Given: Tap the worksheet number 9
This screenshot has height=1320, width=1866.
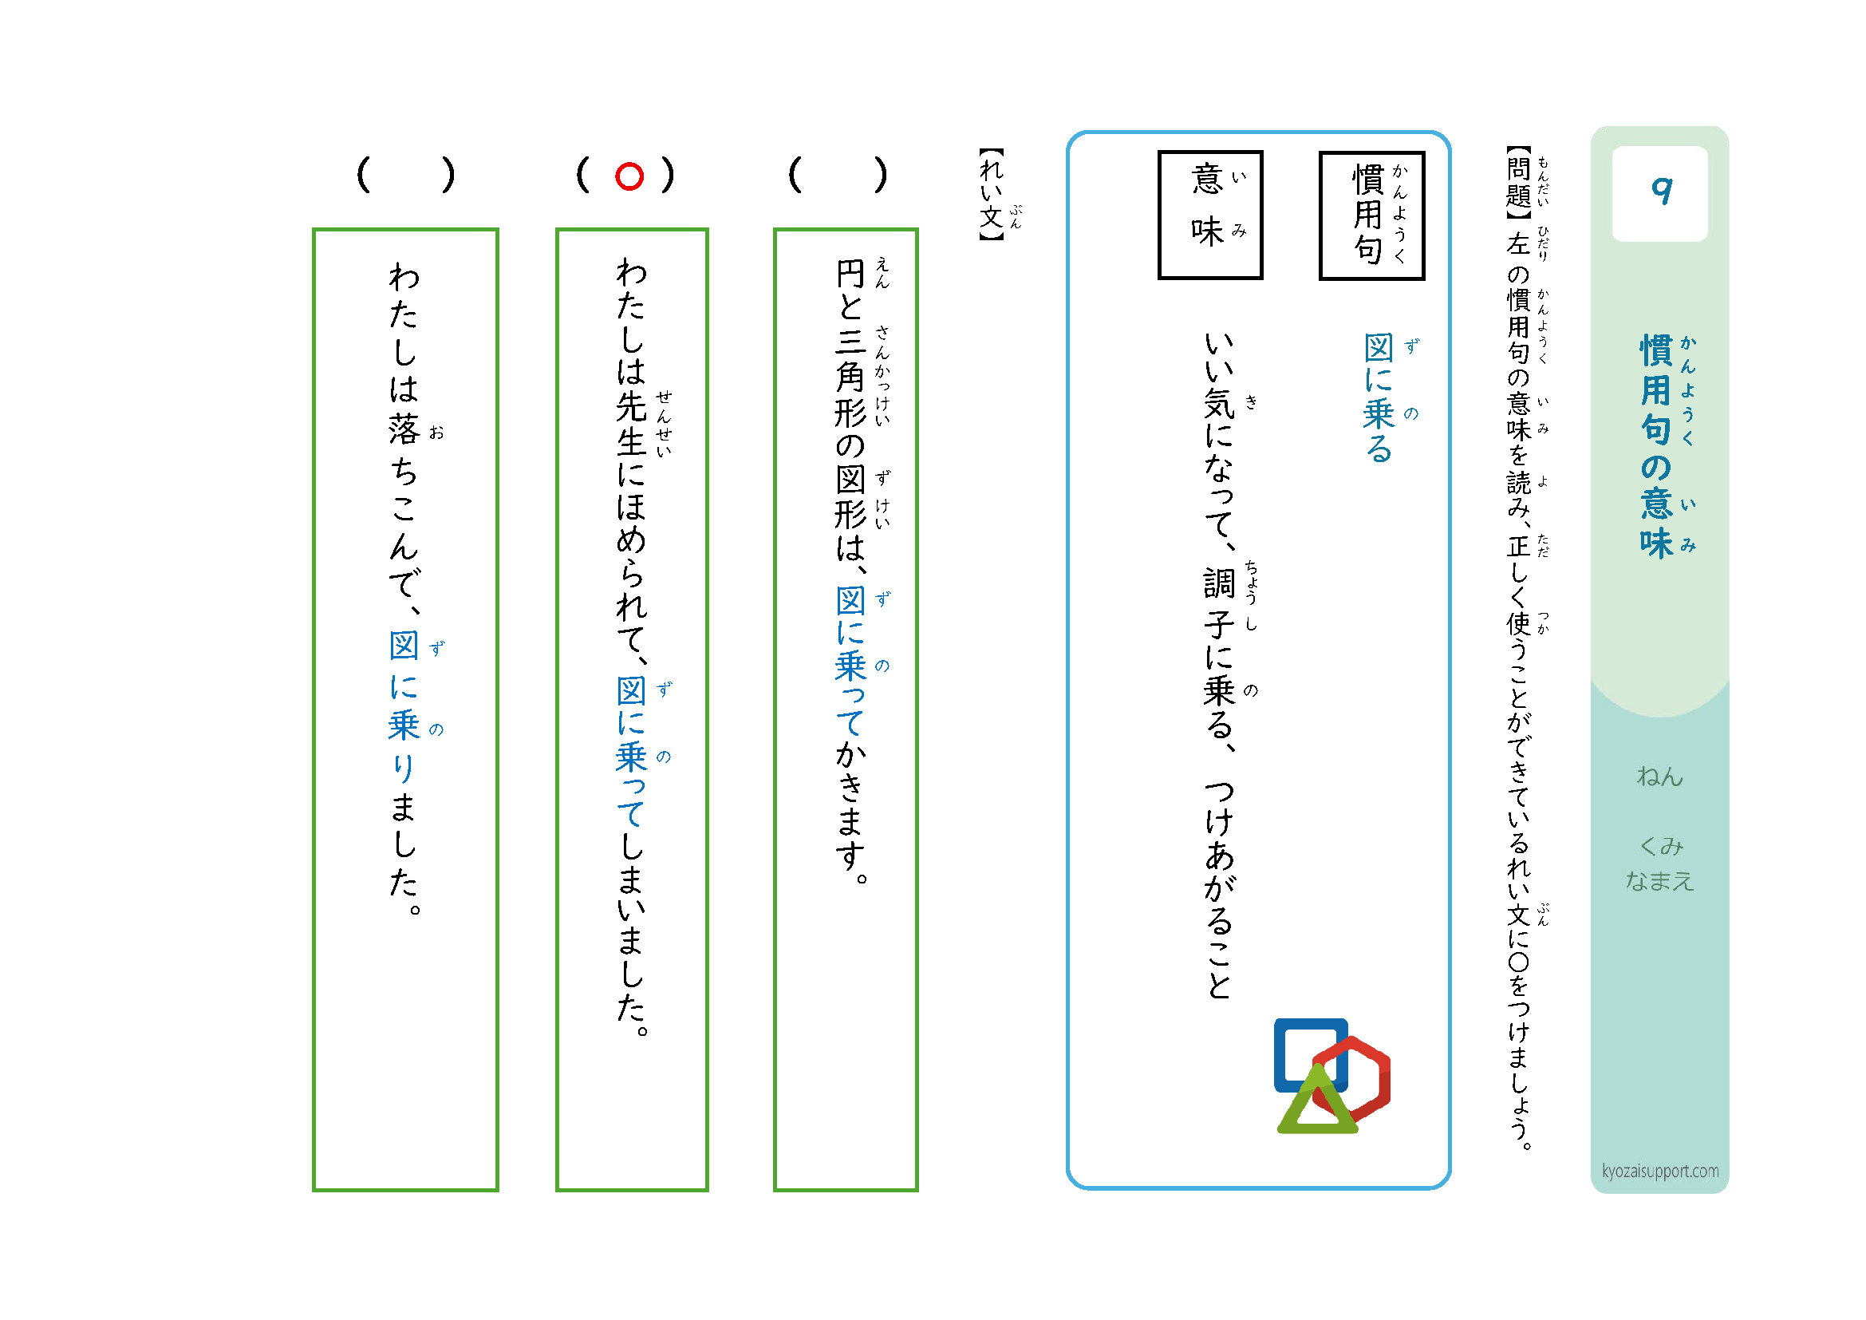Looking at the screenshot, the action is [1661, 192].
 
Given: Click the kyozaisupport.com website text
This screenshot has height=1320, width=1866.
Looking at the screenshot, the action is [1660, 1172].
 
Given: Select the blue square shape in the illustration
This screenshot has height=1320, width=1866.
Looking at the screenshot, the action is [1311, 1055].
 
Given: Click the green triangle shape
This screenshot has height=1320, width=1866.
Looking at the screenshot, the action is [1317, 1101].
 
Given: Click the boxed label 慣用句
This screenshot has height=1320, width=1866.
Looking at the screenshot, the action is [1372, 215].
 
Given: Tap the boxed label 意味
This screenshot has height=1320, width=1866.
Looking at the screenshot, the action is [1210, 215].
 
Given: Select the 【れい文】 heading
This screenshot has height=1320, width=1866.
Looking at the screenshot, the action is [992, 193].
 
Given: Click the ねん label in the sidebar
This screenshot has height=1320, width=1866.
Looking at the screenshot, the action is [1659, 777].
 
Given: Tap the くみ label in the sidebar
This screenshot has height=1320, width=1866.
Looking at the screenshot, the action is [1661, 846].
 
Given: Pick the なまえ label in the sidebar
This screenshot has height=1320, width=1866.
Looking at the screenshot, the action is [1659, 881].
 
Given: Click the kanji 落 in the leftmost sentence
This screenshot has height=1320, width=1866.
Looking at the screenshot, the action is [404, 429].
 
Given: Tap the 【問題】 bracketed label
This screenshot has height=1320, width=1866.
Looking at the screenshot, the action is [1518, 183].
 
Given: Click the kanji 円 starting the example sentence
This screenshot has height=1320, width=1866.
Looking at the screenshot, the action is [850, 274].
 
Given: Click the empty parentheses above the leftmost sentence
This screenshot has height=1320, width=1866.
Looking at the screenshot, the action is [405, 175].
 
